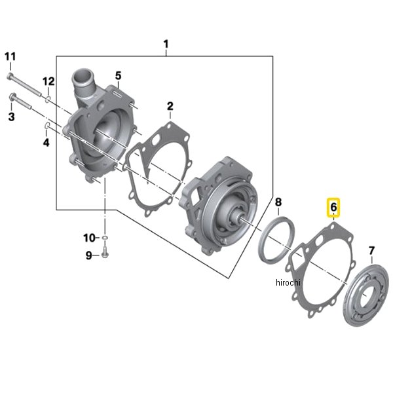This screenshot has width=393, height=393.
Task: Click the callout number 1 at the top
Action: pos(166,45)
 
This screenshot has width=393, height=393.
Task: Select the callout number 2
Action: pos(170,106)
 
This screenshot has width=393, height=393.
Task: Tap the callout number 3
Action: pos(10,117)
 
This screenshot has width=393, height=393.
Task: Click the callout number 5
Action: pos(119,76)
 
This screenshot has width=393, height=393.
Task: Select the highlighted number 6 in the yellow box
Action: pos(333,208)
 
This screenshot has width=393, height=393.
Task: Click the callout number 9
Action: pos(89,255)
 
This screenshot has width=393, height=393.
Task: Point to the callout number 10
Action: pos(89,236)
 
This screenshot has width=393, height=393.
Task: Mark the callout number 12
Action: pos(48,81)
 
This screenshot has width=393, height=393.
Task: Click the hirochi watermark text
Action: pos(288,282)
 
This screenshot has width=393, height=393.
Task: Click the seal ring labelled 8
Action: pos(280,241)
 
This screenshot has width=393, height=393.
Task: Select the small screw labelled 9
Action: pos(105,254)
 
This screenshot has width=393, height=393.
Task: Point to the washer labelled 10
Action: pos(105,236)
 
